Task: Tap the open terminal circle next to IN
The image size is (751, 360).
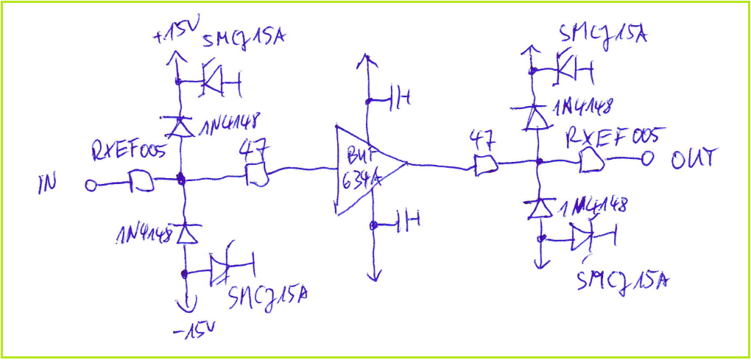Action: [x=91, y=186]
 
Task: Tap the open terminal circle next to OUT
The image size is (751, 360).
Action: [x=647, y=157]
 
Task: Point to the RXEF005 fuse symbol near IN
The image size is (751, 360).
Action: [x=141, y=180]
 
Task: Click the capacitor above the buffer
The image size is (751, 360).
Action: [x=398, y=98]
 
